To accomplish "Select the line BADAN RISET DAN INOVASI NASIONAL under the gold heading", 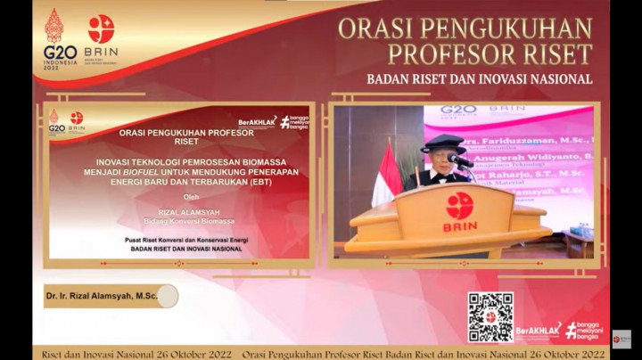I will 479,78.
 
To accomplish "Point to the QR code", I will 490,316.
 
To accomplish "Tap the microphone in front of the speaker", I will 459,161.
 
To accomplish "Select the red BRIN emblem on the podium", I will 460,206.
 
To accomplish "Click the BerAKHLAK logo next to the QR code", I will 538,331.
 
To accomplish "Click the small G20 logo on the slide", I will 56,121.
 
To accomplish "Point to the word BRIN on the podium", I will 460,227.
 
